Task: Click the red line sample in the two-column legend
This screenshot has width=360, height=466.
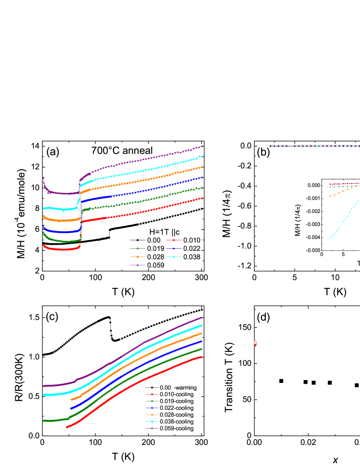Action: (x=174, y=240)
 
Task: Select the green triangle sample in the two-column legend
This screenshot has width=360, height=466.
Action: (x=137, y=248)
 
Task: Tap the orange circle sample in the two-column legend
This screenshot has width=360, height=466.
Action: (x=137, y=257)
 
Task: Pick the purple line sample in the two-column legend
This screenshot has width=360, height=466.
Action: (x=137, y=265)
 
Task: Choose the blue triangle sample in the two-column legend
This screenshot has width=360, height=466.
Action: (x=174, y=249)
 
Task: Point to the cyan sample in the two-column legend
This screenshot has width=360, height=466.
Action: (x=174, y=257)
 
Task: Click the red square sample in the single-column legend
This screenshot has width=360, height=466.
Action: (x=152, y=394)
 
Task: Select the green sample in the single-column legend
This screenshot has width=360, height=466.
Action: (x=152, y=401)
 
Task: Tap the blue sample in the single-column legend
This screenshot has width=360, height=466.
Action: (x=152, y=408)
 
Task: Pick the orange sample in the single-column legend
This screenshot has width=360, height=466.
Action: (x=152, y=415)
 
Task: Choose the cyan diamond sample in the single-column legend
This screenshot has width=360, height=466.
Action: (x=152, y=422)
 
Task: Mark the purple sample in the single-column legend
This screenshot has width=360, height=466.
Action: (x=152, y=428)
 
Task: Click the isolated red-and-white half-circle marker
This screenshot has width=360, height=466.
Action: (x=255, y=343)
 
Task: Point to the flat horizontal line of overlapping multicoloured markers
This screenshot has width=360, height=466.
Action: (x=314, y=146)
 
